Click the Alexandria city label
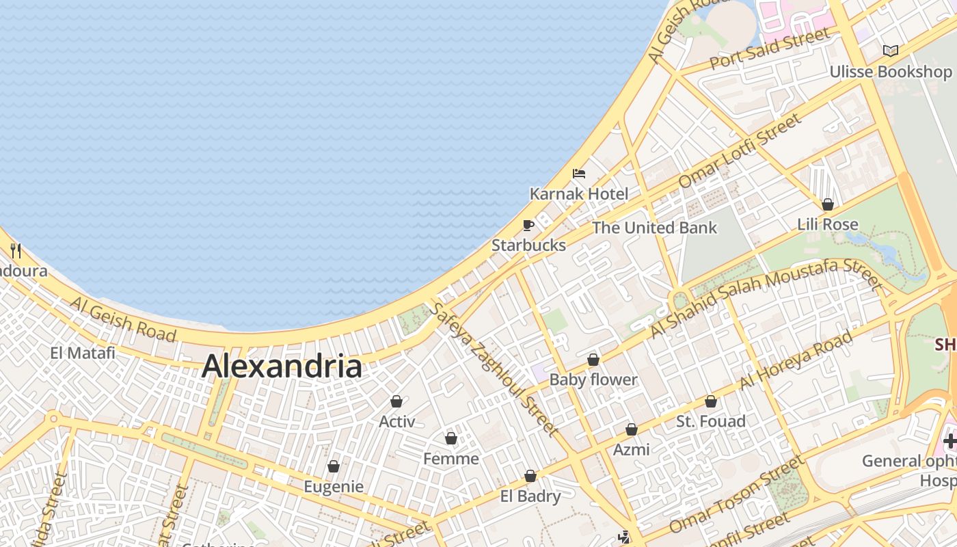[x=282, y=366]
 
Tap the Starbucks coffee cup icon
[x=528, y=225]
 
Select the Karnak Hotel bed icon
[x=579, y=173]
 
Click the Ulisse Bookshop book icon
[x=890, y=51]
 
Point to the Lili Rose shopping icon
[x=827, y=204]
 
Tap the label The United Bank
[x=654, y=228]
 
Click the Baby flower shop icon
[x=593, y=360]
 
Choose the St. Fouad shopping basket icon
[x=711, y=401]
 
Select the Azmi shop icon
[x=632, y=429]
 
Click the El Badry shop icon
[x=530, y=476]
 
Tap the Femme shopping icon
[x=451, y=438]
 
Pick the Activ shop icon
[x=396, y=401]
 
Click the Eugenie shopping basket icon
[x=334, y=466]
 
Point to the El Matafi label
[x=83, y=353]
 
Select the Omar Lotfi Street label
[x=740, y=150]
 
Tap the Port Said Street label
[x=770, y=49]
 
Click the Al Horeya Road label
[x=796, y=360]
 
